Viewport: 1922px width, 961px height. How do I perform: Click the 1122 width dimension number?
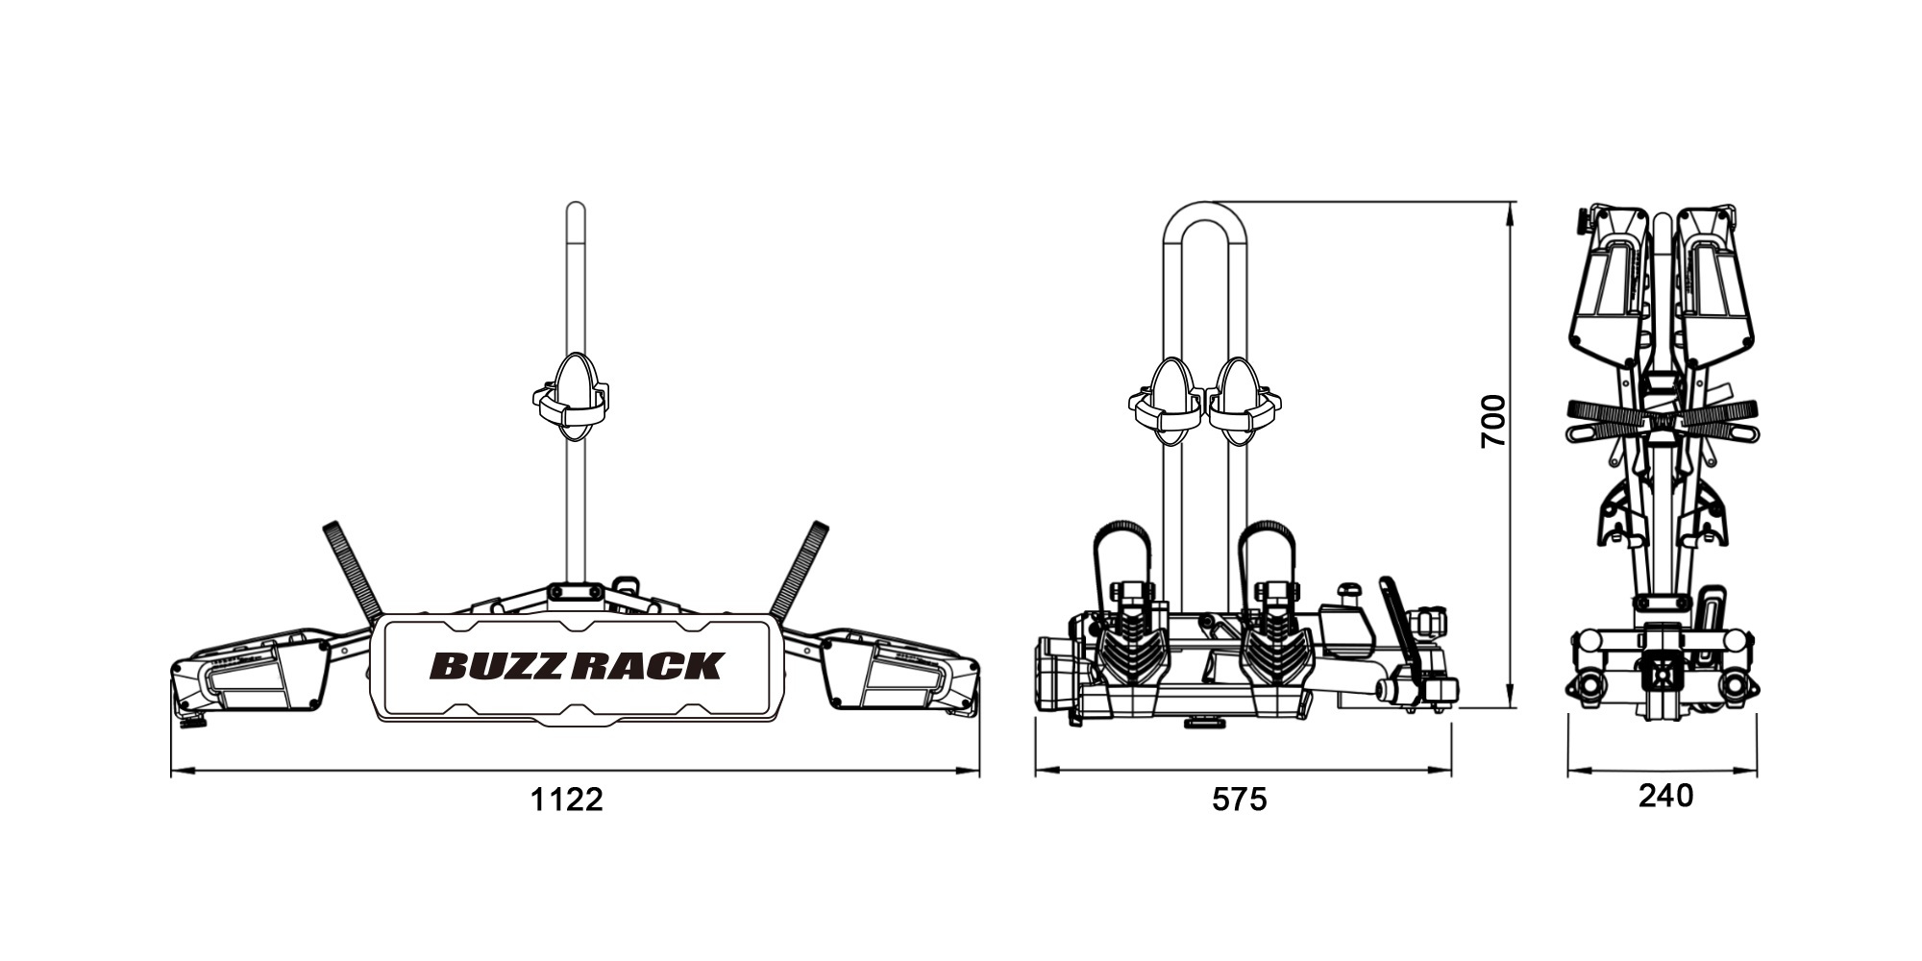coord(567,800)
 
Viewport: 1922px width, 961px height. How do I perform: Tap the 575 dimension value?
coord(1240,800)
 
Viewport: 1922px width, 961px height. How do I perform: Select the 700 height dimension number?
coord(1493,421)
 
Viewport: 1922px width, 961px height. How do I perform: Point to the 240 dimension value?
coord(1666,796)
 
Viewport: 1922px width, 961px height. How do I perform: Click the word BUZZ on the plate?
coord(501,666)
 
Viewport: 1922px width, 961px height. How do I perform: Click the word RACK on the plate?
coord(648,666)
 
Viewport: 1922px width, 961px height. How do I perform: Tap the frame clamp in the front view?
coord(572,397)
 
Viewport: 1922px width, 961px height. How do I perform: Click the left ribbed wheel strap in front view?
coord(351,571)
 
